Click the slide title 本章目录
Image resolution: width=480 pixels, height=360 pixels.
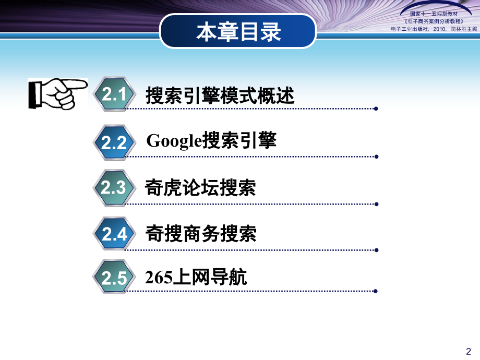(x=238, y=32)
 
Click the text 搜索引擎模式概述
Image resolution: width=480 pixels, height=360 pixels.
(x=220, y=96)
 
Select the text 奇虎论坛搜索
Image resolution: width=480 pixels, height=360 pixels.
(x=201, y=188)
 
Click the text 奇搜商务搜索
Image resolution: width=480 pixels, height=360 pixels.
(x=201, y=233)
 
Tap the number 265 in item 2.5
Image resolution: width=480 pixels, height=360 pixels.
(x=159, y=278)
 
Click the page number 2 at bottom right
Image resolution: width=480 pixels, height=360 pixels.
(x=468, y=351)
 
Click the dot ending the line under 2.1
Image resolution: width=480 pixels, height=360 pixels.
(x=376, y=109)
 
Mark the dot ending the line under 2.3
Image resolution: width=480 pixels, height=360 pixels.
(x=376, y=203)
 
